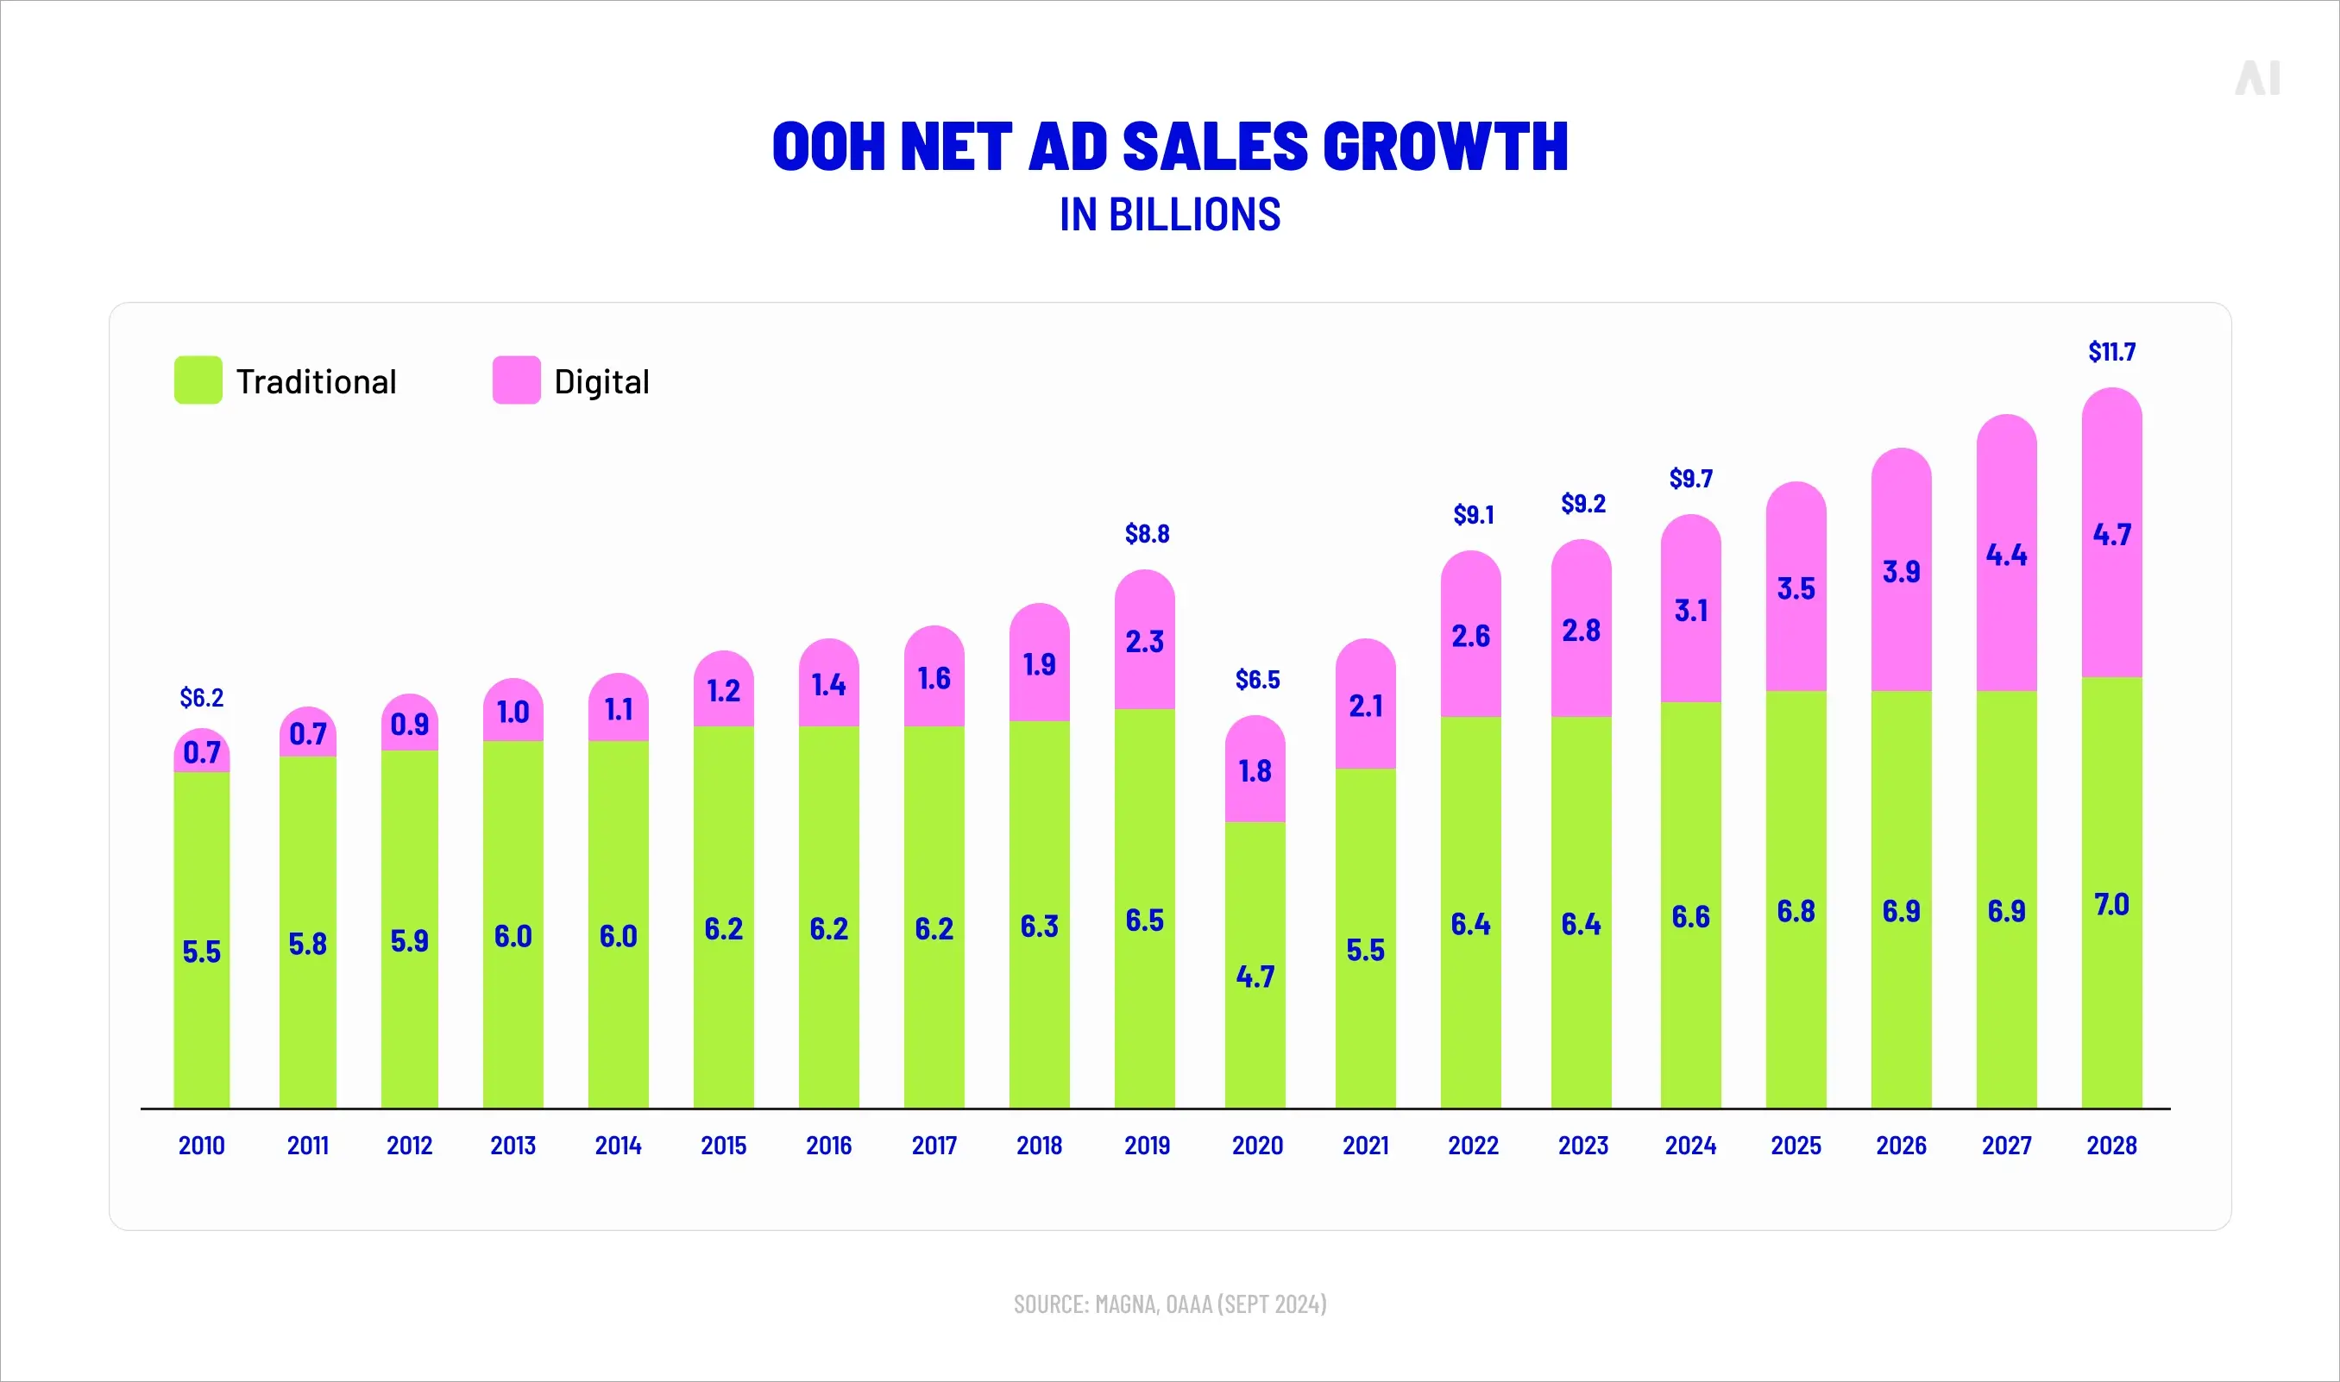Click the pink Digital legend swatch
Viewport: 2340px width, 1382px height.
pos(516,380)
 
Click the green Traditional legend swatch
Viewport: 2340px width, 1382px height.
pos(198,380)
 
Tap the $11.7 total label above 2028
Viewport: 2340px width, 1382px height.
pos(2111,352)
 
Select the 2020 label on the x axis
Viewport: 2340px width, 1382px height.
pos(1257,1146)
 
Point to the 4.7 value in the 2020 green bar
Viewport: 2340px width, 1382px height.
pos(1255,977)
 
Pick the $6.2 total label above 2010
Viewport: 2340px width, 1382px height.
pos(201,698)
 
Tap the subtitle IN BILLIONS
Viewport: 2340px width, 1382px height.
pos(1169,215)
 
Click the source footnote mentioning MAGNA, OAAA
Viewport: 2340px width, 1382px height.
pos(1169,1303)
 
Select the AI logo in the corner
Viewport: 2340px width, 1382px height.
pos(2257,79)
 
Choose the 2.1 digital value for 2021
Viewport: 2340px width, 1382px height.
pos(1365,707)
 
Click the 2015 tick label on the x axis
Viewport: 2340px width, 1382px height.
pos(724,1146)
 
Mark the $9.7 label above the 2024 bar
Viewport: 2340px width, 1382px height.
pos(1690,479)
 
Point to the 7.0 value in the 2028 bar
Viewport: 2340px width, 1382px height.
pos(2111,904)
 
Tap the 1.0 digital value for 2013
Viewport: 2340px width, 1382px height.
pos(513,713)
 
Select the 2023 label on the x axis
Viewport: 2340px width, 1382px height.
pos(1583,1146)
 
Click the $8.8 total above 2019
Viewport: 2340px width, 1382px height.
pos(1146,534)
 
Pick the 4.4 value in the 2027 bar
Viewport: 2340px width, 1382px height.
pos(2006,555)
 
